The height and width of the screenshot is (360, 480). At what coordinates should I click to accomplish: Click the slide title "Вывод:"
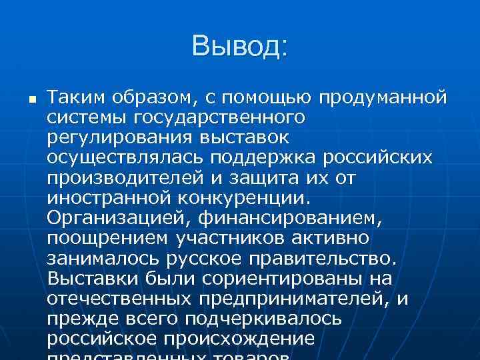click(239, 47)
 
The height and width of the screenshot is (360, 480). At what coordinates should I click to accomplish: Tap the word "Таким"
click(72, 98)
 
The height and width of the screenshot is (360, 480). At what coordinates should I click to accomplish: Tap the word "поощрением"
click(107, 239)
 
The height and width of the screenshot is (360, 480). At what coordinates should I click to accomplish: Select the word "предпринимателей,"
click(293, 299)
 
